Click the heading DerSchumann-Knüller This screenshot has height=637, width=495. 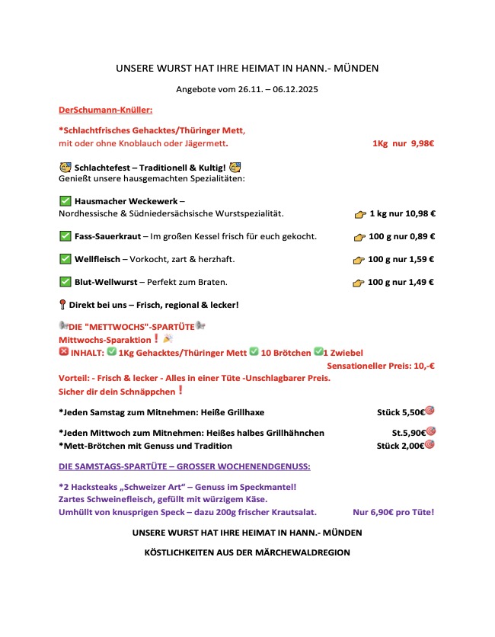click(105, 110)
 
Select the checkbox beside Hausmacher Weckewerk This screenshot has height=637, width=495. click(65, 201)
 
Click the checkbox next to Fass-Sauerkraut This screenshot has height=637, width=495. click(65, 236)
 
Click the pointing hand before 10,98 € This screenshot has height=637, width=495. click(360, 214)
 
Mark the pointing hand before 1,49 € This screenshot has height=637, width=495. click(359, 283)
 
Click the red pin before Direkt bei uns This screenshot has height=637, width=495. click(62, 305)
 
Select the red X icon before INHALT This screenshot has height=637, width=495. click(63, 353)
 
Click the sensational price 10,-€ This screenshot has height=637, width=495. click(420, 366)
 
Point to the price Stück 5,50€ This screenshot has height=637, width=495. click(400, 412)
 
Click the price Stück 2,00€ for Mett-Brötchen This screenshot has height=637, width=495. click(400, 446)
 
